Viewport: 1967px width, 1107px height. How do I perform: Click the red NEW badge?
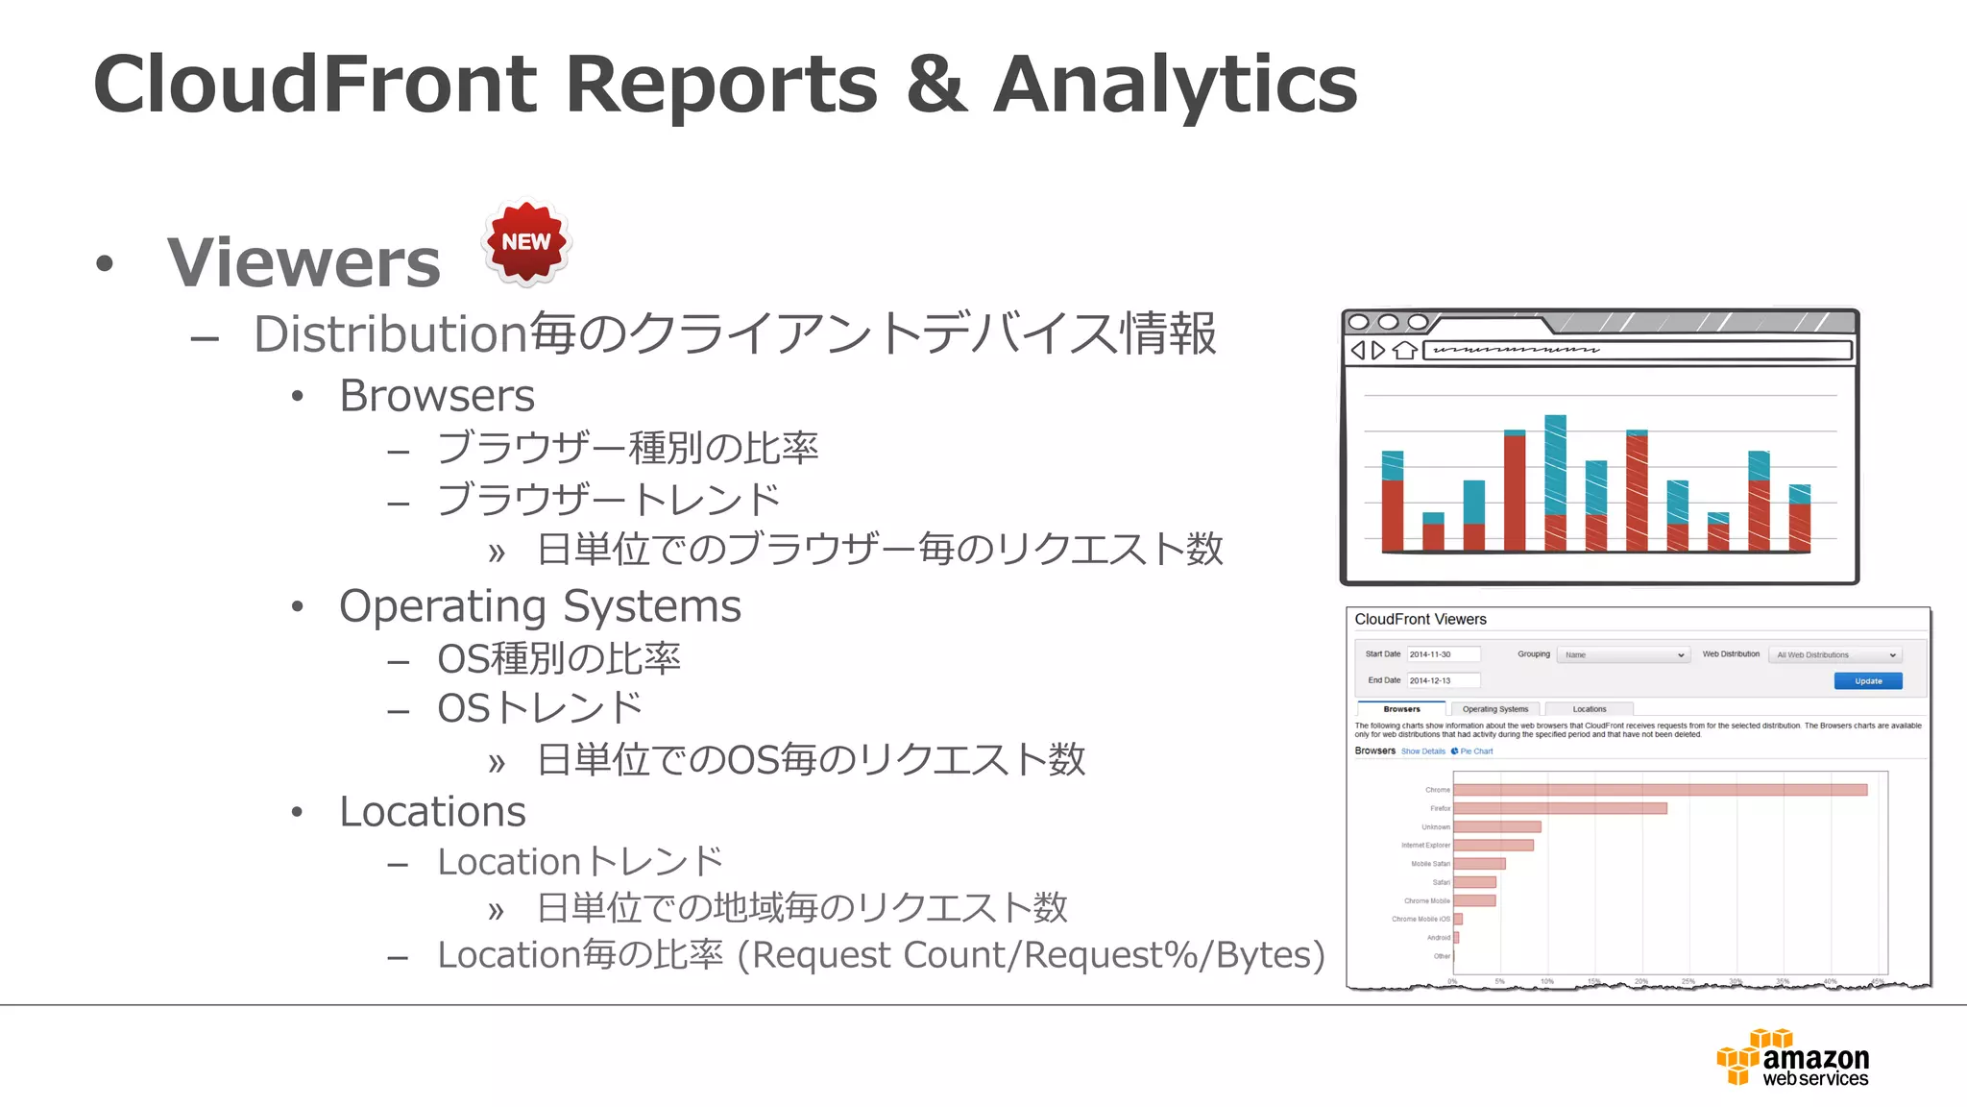(526, 242)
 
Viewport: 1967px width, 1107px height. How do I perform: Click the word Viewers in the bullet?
(304, 261)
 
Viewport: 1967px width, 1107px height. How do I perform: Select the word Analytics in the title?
(1175, 85)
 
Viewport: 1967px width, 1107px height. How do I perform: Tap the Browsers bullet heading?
(437, 396)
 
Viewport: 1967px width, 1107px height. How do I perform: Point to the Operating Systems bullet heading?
(540, 606)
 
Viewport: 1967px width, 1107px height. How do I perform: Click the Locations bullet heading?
(432, 812)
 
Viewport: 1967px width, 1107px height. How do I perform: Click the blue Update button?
(1867, 680)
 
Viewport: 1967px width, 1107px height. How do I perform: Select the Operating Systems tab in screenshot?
(1494, 709)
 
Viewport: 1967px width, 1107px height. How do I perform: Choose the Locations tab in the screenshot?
(1589, 709)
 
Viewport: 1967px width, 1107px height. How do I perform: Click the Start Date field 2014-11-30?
(1443, 654)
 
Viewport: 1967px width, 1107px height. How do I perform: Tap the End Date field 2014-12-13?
(1443, 680)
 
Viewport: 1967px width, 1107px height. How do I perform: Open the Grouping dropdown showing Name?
(1622, 655)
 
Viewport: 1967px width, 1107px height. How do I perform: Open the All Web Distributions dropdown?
(1833, 655)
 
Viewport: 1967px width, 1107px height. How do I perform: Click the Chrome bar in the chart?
(1660, 790)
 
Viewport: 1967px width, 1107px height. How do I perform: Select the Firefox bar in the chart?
(1560, 808)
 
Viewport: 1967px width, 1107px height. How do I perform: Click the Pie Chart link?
(1475, 751)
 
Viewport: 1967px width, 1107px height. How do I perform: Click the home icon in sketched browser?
(1404, 351)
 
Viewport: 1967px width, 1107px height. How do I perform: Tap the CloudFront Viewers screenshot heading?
(1420, 620)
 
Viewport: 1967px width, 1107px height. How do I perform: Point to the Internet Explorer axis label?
(1425, 846)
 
